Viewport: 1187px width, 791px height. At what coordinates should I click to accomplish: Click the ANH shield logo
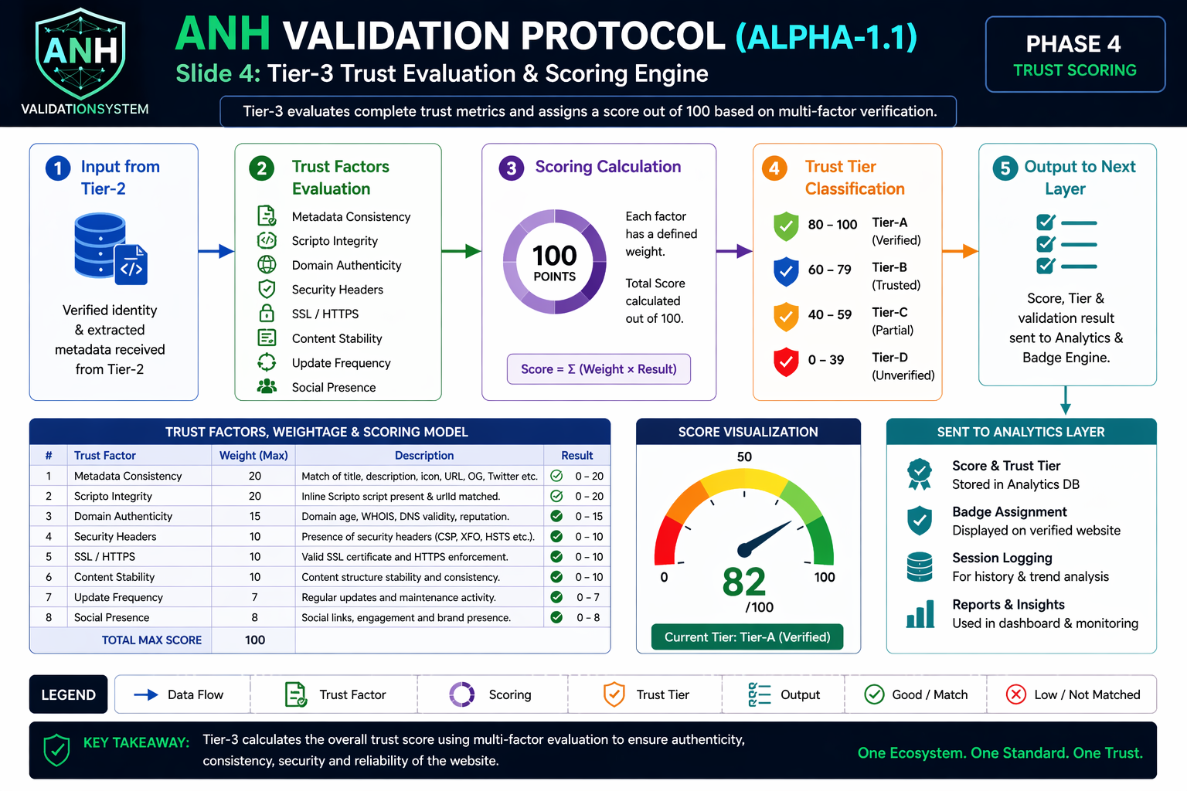(x=80, y=54)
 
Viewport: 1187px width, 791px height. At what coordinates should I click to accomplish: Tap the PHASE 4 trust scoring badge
(x=1075, y=55)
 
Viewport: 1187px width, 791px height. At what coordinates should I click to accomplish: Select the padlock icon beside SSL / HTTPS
(x=267, y=314)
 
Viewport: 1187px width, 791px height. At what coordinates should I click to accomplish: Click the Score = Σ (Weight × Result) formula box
(x=599, y=368)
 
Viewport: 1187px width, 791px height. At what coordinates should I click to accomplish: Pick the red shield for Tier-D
(x=787, y=362)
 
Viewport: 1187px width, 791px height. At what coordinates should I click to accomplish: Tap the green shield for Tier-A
(x=787, y=226)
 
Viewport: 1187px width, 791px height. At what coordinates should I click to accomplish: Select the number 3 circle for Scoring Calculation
(x=511, y=168)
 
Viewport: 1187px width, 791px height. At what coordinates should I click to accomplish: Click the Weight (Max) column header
(x=253, y=455)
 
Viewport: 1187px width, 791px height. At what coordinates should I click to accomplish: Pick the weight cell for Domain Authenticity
(x=254, y=516)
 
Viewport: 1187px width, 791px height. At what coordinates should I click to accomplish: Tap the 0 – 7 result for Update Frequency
(x=588, y=597)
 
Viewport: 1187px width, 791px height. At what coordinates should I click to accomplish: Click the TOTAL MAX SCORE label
(x=151, y=640)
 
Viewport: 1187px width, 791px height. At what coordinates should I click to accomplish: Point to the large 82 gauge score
(x=744, y=582)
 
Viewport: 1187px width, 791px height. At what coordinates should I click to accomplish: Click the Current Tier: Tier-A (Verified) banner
(x=747, y=637)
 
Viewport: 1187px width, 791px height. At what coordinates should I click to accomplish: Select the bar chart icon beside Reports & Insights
(x=920, y=614)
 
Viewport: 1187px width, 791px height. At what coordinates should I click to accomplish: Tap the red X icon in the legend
(x=1016, y=694)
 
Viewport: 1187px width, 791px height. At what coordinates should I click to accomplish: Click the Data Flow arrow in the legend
(x=146, y=694)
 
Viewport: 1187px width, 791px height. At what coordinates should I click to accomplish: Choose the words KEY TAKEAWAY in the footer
(x=136, y=743)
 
